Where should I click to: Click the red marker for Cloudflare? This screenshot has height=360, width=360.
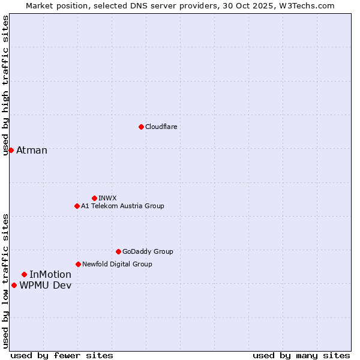[x=141, y=127]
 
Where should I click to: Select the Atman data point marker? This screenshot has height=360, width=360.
[x=11, y=150]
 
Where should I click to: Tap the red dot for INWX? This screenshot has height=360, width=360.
[x=94, y=198]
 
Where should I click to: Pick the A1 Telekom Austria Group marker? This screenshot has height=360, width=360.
[x=77, y=206]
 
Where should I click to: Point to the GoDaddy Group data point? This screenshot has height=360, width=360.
[x=118, y=251]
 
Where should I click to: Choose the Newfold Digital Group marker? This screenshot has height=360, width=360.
[x=78, y=264]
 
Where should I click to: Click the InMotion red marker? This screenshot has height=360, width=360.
[x=24, y=274]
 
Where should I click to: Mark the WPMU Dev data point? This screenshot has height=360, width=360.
[x=14, y=285]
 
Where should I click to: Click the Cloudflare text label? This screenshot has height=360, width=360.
[x=161, y=127]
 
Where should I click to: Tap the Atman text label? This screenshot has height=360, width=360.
[x=32, y=150]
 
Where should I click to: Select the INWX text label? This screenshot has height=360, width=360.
[x=107, y=198]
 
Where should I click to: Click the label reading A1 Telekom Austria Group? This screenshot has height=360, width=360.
[x=122, y=206]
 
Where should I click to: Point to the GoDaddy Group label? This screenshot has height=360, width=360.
[x=148, y=251]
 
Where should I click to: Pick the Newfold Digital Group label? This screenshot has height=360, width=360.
[x=117, y=264]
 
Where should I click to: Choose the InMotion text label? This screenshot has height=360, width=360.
[x=50, y=274]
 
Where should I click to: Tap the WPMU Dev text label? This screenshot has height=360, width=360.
[x=46, y=285]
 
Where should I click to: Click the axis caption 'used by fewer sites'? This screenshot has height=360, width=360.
[x=62, y=355]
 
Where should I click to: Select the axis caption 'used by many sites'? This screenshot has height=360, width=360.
[x=301, y=355]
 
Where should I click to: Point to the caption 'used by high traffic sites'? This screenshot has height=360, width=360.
[x=5, y=85]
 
